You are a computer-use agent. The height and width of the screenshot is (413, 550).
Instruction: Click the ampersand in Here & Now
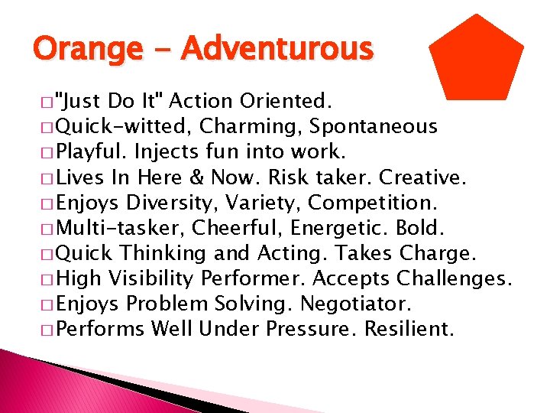click(196, 177)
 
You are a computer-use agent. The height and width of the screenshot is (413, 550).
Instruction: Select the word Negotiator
click(357, 304)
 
